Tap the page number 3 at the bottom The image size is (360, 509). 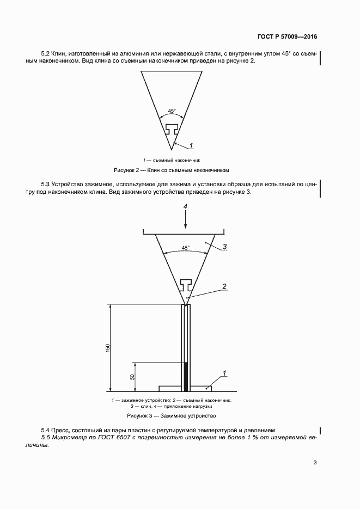click(x=315, y=463)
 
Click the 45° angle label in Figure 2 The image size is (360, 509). click(x=172, y=111)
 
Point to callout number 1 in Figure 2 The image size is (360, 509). click(x=192, y=145)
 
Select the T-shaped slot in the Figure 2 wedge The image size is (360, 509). click(x=172, y=130)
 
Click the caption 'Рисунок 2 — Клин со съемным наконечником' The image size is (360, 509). click(x=172, y=170)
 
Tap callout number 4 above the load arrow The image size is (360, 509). click(x=185, y=207)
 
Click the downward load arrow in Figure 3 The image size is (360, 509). click(x=185, y=220)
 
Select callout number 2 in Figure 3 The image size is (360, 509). click(x=224, y=286)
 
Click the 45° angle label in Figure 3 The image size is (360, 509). click(x=185, y=248)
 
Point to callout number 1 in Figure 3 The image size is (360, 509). click(x=224, y=373)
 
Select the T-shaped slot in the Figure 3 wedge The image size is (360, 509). click(x=185, y=284)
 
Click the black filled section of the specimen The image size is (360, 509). click(x=186, y=377)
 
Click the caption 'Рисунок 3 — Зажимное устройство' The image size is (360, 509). click(x=172, y=416)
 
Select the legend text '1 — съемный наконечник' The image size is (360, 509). click(x=172, y=161)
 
